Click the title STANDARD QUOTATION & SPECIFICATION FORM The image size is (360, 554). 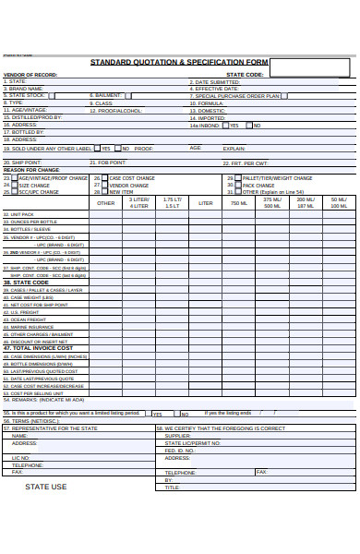(x=179, y=62)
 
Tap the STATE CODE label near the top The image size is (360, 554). (x=245, y=75)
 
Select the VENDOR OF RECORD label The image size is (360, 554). (x=30, y=75)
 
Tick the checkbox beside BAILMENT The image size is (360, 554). (x=127, y=95)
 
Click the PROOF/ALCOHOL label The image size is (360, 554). (x=116, y=110)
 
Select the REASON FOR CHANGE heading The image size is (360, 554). (x=31, y=170)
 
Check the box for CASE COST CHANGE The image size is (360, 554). (x=104, y=177)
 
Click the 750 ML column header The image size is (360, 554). (x=239, y=203)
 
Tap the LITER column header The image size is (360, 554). (x=206, y=203)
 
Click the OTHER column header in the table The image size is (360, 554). (x=106, y=203)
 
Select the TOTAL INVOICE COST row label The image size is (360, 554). (x=39, y=348)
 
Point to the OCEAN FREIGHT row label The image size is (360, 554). (x=28, y=319)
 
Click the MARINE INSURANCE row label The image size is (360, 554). (x=31, y=327)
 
